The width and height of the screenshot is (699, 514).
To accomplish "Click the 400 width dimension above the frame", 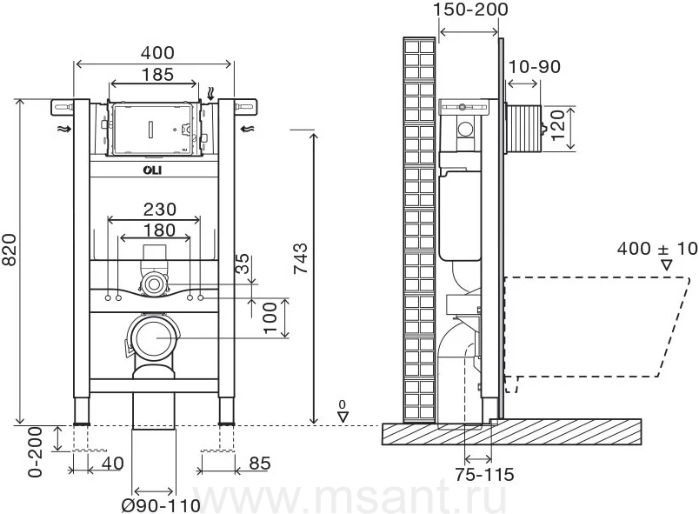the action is pyautogui.click(x=157, y=53).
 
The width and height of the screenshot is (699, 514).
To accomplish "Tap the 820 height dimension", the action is pyautogui.click(x=10, y=250).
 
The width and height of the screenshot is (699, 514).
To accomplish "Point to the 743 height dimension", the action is pyautogui.click(x=301, y=258).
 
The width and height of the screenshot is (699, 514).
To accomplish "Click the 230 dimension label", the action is pyautogui.click(x=160, y=209).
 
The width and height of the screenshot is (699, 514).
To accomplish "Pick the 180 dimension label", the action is pyautogui.click(x=159, y=230).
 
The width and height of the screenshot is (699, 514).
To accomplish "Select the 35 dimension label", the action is pyautogui.click(x=243, y=264).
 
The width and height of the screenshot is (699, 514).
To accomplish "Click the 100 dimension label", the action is pyautogui.click(x=270, y=317).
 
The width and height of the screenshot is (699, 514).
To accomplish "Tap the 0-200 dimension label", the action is pyautogui.click(x=36, y=452).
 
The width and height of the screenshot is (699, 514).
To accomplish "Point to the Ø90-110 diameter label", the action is pyautogui.click(x=161, y=505).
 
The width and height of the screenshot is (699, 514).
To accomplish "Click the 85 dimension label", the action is pyautogui.click(x=260, y=464).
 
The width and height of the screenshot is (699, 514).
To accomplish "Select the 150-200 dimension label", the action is pyautogui.click(x=471, y=10).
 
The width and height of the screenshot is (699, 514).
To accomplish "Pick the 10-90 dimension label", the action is pyautogui.click(x=534, y=67).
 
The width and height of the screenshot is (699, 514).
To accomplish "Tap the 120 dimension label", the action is pyautogui.click(x=557, y=126).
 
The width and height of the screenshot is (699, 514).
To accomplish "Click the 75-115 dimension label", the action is pyautogui.click(x=485, y=475).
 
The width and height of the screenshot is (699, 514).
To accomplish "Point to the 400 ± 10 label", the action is pyautogui.click(x=657, y=249).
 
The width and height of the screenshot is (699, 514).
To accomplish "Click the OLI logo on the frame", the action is pyautogui.click(x=152, y=170).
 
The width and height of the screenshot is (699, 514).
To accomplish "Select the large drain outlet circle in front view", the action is pyautogui.click(x=154, y=337).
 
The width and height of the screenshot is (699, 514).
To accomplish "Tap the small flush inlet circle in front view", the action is pyautogui.click(x=154, y=284).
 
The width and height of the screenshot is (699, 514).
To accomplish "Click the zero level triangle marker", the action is pyautogui.click(x=343, y=417).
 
